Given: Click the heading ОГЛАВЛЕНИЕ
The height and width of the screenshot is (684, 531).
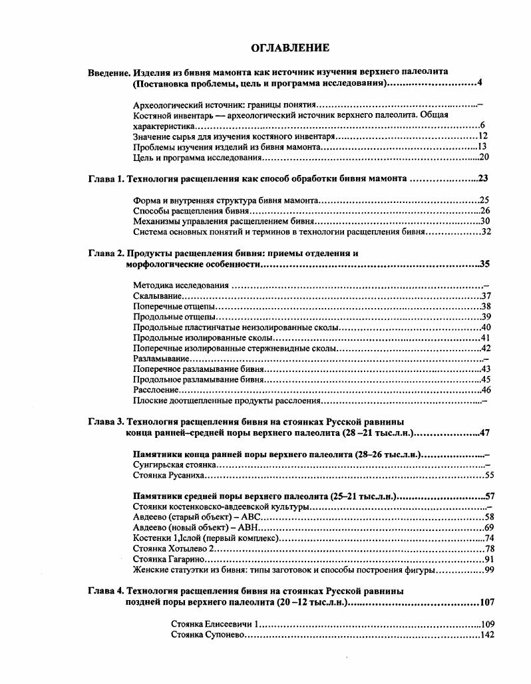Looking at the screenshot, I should click(x=289, y=48).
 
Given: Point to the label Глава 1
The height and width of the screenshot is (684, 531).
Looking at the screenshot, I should click(x=106, y=179).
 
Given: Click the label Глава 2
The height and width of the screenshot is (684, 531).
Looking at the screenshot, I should click(x=106, y=254).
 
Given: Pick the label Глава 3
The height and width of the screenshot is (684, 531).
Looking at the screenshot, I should click(x=106, y=422).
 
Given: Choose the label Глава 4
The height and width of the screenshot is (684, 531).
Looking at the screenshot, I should click(x=106, y=591).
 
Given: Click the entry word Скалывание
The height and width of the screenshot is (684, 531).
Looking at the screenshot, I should click(x=157, y=296).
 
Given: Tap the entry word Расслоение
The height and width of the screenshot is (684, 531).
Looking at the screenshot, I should click(x=156, y=390).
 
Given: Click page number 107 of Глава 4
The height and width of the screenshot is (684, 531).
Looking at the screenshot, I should click(x=486, y=603).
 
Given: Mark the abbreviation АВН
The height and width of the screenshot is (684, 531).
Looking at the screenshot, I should click(x=253, y=527).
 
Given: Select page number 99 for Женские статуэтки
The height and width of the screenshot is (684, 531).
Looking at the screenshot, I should click(x=489, y=570).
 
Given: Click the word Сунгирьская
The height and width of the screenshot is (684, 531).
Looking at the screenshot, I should click(x=159, y=465).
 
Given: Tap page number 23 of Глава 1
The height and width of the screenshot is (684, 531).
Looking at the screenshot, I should click(x=484, y=179).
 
